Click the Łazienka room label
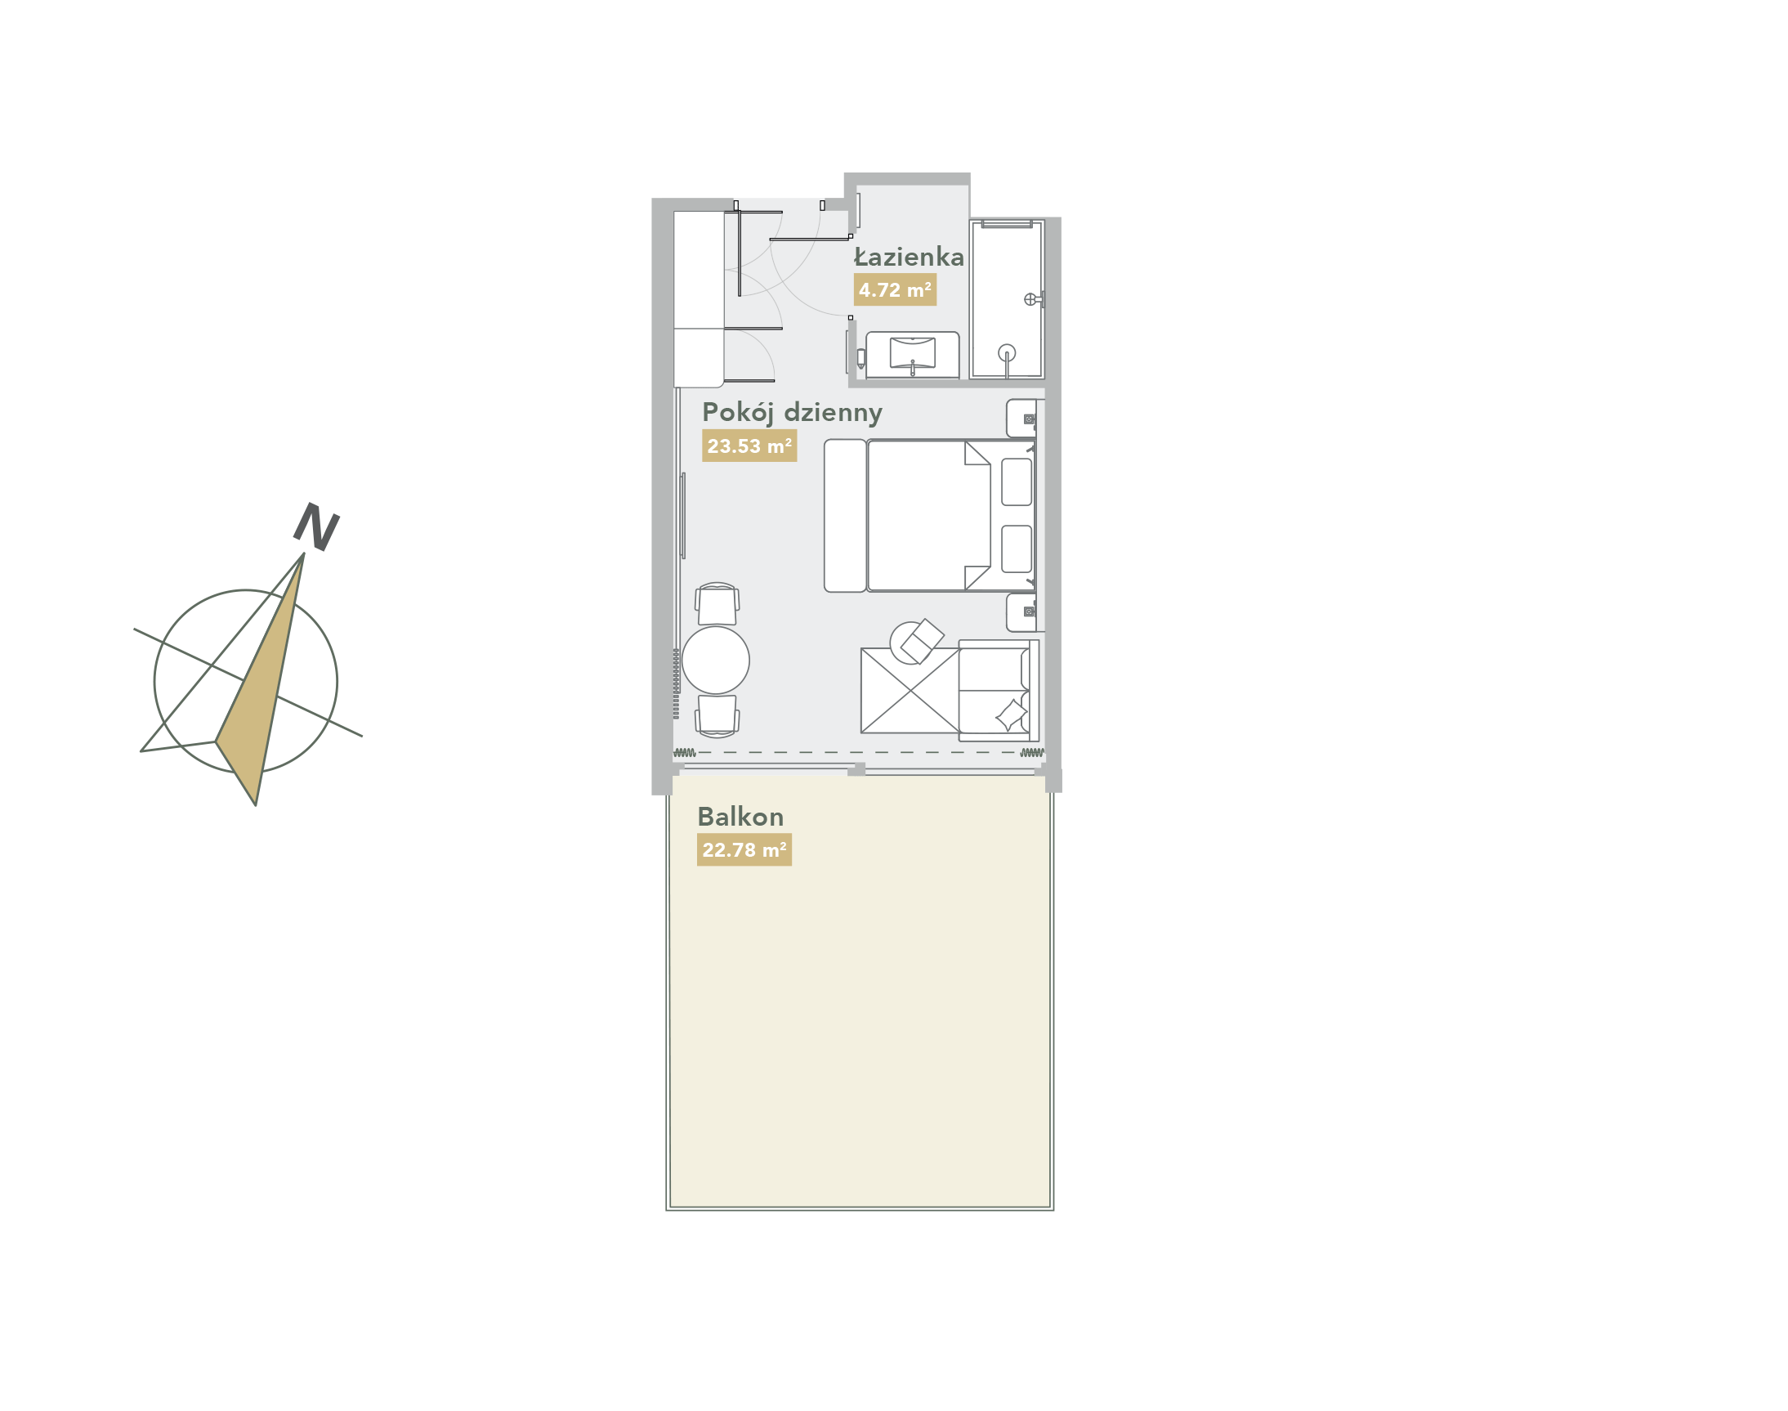(909, 257)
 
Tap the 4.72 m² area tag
(895, 290)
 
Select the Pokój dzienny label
(792, 412)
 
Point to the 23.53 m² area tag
(749, 446)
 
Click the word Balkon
(740, 817)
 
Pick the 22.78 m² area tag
(744, 850)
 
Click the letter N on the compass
(316, 526)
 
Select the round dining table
(715, 660)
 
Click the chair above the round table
(717, 605)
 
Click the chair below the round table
(717, 715)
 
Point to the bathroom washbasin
(912, 354)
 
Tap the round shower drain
(1006, 353)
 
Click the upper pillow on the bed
(1016, 482)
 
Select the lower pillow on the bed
(1016, 549)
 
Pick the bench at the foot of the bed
(845, 516)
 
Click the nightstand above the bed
(1021, 418)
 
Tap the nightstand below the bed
(1021, 612)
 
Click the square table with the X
(910, 691)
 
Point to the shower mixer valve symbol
(1030, 299)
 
